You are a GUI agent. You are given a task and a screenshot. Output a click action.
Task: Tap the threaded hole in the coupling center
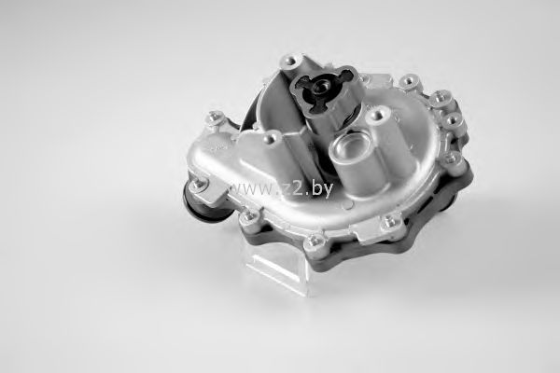[x=321, y=86]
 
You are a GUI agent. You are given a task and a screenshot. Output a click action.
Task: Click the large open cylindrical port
[x=347, y=146]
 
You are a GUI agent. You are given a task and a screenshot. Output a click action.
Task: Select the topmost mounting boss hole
[x=289, y=61]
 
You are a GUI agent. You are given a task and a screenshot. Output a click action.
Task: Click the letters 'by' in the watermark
[x=321, y=188]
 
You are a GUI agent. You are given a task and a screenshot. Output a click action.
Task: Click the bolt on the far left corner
[x=216, y=117]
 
